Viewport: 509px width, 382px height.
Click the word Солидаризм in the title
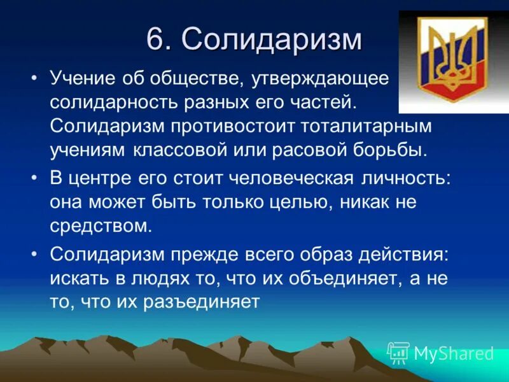click(x=272, y=40)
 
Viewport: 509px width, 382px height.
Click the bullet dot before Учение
click(x=35, y=80)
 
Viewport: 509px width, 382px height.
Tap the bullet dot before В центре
click(x=35, y=179)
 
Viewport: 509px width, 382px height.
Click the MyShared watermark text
click(x=454, y=353)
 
